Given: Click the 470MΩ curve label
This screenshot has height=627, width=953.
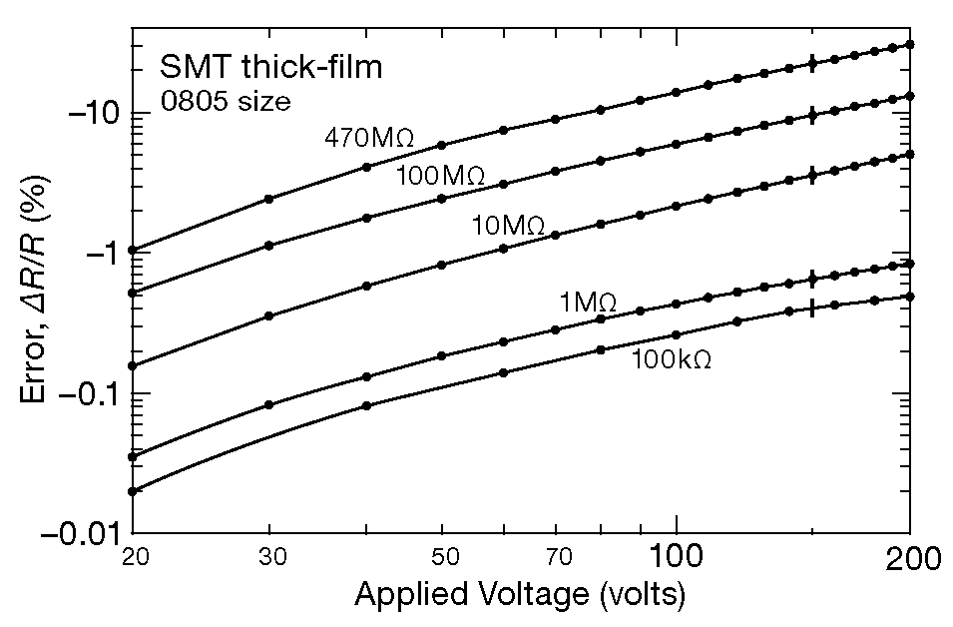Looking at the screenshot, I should tap(368, 138).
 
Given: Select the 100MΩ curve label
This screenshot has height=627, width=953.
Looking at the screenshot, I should tap(440, 176).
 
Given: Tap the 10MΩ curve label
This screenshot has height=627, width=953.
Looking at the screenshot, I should tap(508, 227).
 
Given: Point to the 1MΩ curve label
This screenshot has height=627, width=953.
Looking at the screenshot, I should tap(587, 301).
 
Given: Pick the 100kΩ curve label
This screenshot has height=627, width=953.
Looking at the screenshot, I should tap(671, 359).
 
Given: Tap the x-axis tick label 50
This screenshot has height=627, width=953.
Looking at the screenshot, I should tap(442, 555).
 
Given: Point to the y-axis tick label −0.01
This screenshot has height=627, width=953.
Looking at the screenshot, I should tap(76, 534).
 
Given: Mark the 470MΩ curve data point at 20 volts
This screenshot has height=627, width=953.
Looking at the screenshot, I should tap(133, 250).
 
